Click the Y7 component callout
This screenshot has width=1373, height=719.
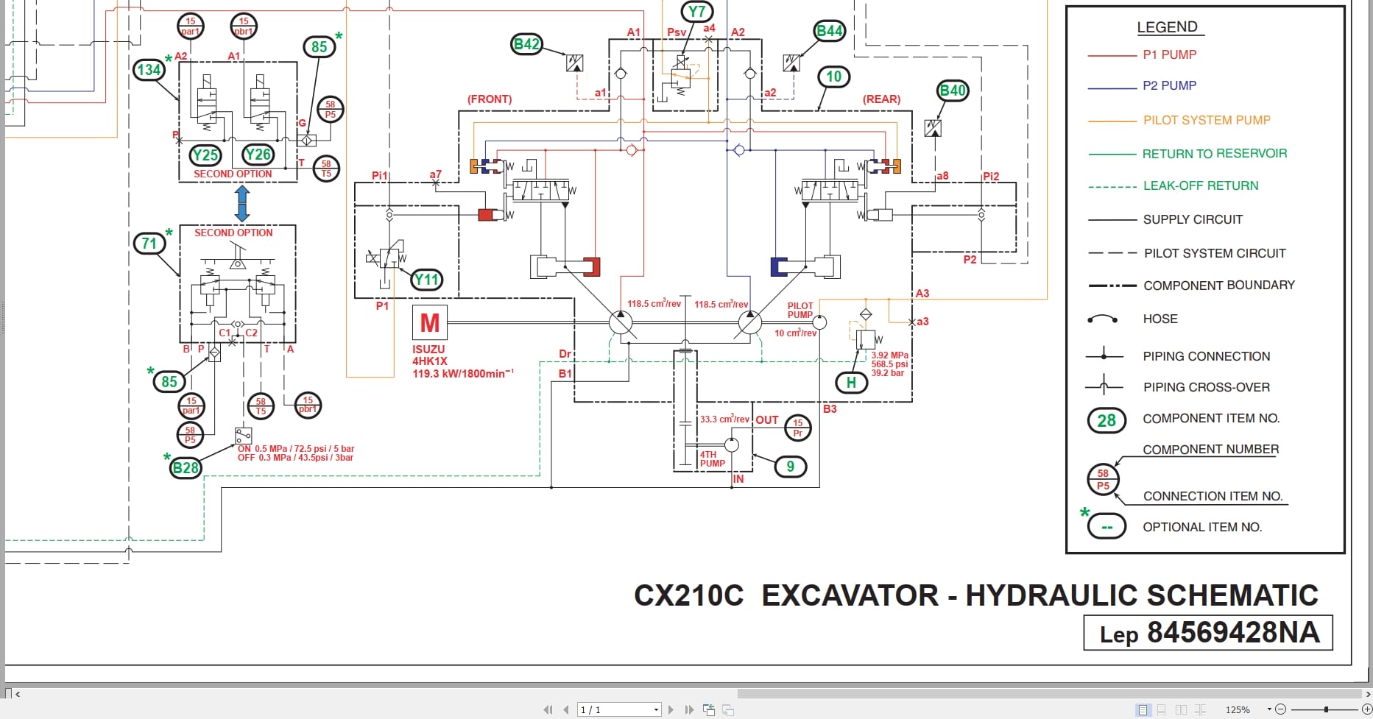coord(696,12)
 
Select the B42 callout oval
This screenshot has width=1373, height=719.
coord(526,44)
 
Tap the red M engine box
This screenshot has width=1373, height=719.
coord(429,322)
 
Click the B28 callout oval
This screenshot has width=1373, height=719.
coord(186,468)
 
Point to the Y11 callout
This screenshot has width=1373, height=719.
coord(426,280)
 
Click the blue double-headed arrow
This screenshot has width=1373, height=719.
coord(242,203)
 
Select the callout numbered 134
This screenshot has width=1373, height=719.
coord(149,70)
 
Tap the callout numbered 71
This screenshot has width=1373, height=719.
coord(149,244)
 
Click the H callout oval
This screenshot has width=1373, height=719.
coord(851,383)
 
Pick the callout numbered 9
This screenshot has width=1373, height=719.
coord(790,467)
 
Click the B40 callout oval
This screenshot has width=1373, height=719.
coord(953,91)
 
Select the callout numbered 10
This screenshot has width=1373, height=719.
coord(833,77)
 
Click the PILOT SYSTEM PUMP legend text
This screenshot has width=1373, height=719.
coord(1207,120)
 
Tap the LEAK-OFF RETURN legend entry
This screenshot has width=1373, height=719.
coord(1200,185)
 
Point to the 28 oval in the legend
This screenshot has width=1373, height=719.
coord(1106,420)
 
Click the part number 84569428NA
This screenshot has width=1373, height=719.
coord(1233,633)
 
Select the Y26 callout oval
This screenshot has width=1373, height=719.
coord(258,155)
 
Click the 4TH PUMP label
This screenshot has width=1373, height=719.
coord(712,459)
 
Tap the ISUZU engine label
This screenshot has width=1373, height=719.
coord(428,350)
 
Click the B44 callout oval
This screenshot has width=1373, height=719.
coord(830,31)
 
